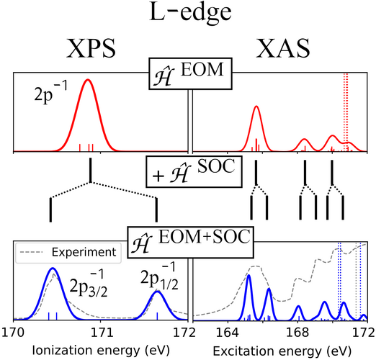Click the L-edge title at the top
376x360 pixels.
[x=190, y=12]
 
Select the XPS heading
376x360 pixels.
[x=91, y=48]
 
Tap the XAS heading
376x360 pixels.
[x=282, y=48]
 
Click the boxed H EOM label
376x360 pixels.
[x=190, y=73]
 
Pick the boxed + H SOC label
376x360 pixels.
[x=194, y=171]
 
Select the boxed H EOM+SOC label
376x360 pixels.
[x=190, y=243]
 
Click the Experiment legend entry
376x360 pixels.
[x=68, y=252]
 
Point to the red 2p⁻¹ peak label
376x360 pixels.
[x=51, y=92]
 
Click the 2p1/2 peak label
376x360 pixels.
[x=159, y=276]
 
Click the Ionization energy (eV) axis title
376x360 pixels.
[x=101, y=351]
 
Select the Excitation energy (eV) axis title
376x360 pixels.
[x=282, y=351]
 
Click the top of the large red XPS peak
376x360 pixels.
[x=88, y=79]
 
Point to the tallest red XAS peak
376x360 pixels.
[x=256, y=107]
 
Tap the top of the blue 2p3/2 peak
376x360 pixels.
[x=53, y=268]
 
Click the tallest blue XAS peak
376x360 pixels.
[x=249, y=275]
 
